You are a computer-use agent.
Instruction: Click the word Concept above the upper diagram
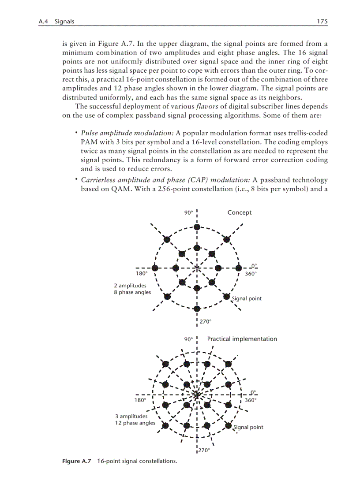pyautogui.click(x=239, y=212)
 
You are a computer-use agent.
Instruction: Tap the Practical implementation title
pyautogui.click(x=242, y=339)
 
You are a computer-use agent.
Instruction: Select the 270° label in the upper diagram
pyautogui.click(x=205, y=322)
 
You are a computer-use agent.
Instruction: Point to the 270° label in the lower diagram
pyautogui.click(x=203, y=450)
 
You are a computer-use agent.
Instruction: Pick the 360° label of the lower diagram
pyautogui.click(x=250, y=400)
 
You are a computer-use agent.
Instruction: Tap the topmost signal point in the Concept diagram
pyautogui.click(x=197, y=227)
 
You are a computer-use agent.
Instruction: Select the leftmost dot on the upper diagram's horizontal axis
pyautogui.click(x=155, y=268)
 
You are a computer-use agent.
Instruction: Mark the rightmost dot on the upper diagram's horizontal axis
pyautogui.click(x=239, y=268)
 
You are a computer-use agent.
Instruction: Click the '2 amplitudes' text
pyautogui.click(x=130, y=286)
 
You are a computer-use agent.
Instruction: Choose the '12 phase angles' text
pyautogui.click(x=135, y=423)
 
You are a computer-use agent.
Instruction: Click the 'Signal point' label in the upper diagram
pyautogui.click(x=247, y=298)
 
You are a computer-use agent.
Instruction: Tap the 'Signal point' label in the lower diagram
pyautogui.click(x=248, y=427)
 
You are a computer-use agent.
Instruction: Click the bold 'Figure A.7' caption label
pyautogui.click(x=76, y=461)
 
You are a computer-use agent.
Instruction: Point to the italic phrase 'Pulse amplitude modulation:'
pyautogui.click(x=127, y=133)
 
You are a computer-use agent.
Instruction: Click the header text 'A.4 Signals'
pyautogui.click(x=56, y=21)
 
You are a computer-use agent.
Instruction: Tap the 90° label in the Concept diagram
pyautogui.click(x=188, y=212)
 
